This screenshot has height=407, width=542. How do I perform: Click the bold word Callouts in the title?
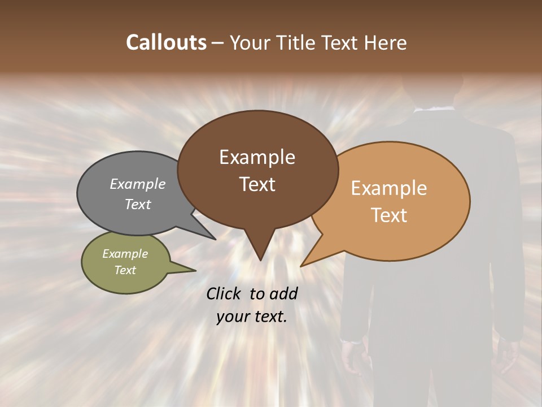[x=166, y=42]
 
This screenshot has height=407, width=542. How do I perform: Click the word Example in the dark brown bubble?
[x=257, y=157]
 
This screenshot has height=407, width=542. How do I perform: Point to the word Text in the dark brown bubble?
[x=257, y=184]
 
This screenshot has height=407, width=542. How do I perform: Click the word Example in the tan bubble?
[x=389, y=188]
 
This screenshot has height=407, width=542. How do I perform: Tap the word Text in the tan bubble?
[x=389, y=215]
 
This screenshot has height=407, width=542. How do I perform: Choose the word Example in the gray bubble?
[x=138, y=184]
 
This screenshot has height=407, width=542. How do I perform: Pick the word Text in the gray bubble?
[x=138, y=204]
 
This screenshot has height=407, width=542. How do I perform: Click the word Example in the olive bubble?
[x=125, y=254]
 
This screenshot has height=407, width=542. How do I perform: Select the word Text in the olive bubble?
[x=125, y=270]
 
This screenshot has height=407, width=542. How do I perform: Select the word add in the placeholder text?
[x=283, y=293]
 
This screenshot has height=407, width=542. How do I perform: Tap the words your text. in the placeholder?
[x=252, y=317]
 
